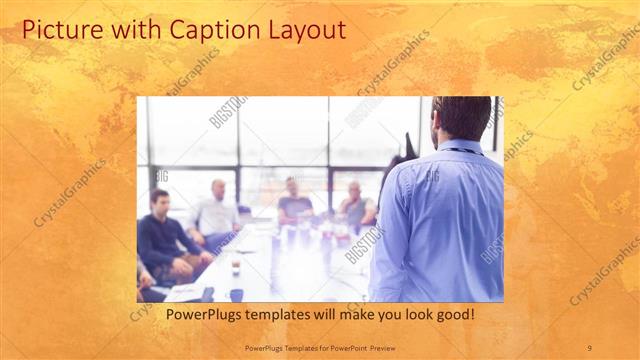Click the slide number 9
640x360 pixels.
click(589, 348)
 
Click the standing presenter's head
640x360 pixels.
click(461, 118)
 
